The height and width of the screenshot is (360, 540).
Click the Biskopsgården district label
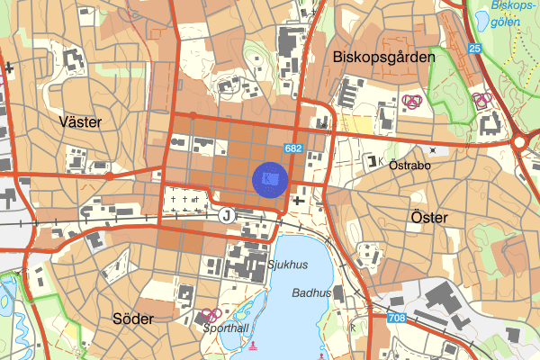coord(383,56)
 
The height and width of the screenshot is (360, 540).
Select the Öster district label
coord(427,217)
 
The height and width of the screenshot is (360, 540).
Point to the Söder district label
coord(133,318)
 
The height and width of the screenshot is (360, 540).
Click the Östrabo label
coord(411,166)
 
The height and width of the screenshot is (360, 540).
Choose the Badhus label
coord(311,293)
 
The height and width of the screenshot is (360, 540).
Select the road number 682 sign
coord(292,148)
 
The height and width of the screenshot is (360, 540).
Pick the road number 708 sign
coord(397,318)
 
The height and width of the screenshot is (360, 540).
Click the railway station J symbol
coord(226,214)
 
